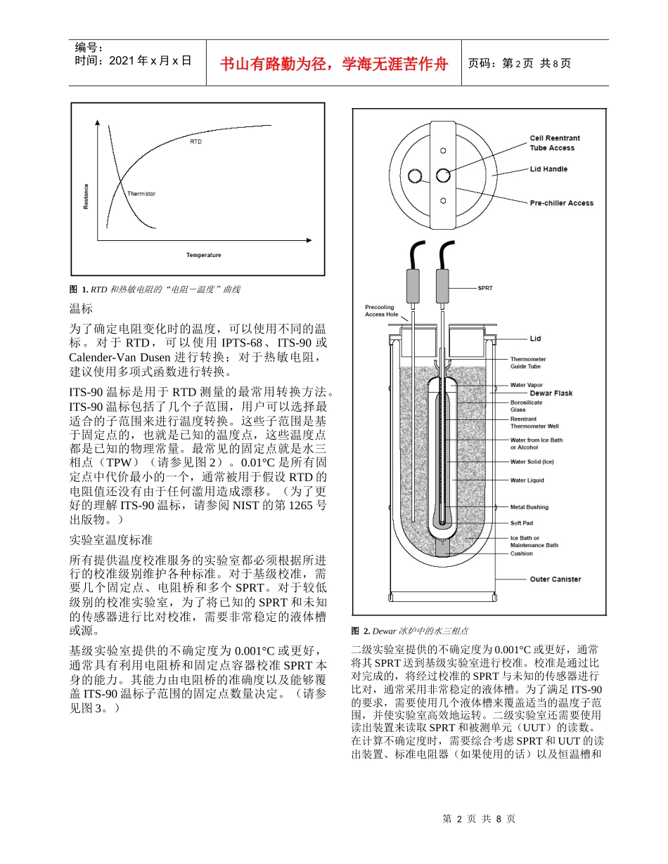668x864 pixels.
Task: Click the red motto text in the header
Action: (334, 64)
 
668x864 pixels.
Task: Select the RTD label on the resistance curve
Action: (195, 142)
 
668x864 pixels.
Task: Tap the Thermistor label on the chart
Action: (141, 193)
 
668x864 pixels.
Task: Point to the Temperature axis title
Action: (204, 255)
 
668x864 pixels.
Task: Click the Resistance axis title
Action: (86, 196)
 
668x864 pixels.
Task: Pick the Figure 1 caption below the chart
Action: (155, 289)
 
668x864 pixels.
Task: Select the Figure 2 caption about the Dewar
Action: (410, 631)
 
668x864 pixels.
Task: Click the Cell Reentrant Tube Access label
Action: (555, 143)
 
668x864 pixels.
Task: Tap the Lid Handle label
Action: (548, 169)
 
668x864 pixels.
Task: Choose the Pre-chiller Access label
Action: (561, 203)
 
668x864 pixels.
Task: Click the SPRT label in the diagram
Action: (485, 288)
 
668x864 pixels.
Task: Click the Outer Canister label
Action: (555, 580)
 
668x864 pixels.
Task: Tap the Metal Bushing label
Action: (529, 507)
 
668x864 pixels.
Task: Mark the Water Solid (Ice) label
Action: (532, 462)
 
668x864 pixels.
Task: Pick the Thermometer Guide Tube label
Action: (528, 363)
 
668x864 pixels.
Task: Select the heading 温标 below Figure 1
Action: (81, 308)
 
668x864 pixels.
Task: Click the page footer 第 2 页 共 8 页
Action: (479, 819)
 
